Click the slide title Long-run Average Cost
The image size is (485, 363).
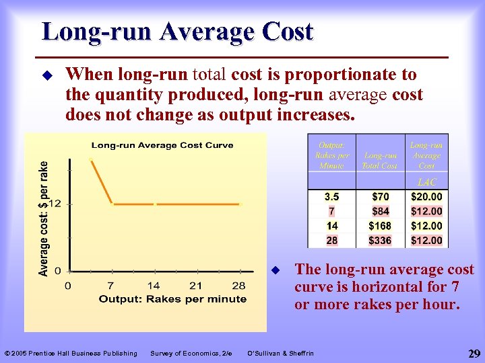click(177, 32)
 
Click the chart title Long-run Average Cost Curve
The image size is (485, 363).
click(162, 145)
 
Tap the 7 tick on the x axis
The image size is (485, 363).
click(110, 286)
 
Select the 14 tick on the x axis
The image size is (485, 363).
click(154, 286)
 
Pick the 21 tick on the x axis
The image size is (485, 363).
click(196, 286)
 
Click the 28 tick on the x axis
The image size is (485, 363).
click(238, 286)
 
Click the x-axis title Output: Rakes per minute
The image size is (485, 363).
click(172, 299)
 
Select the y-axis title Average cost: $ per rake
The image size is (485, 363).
click(44, 218)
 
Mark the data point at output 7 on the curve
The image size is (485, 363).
click(112, 203)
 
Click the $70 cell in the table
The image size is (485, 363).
click(380, 197)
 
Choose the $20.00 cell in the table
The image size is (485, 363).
click(426, 197)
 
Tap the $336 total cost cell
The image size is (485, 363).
click(380, 241)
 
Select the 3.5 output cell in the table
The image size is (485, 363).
click(331, 197)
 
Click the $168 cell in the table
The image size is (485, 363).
click(380, 226)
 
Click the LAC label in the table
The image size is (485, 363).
click(426, 182)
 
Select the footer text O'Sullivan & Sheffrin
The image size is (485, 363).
click(280, 353)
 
